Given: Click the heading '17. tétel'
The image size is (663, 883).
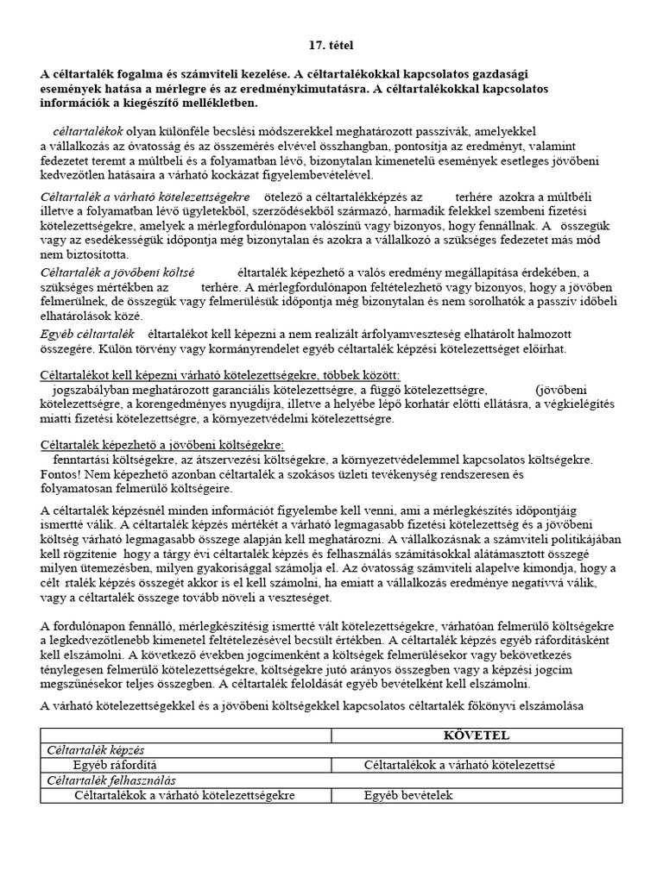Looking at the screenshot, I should [331, 44].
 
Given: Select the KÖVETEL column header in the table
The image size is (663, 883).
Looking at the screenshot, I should [477, 735].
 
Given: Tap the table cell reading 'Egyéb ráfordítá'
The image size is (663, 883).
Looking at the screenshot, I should [115, 765].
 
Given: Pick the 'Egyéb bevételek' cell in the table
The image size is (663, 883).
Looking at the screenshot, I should [408, 795].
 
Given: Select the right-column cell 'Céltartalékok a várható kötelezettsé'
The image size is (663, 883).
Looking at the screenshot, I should [459, 765].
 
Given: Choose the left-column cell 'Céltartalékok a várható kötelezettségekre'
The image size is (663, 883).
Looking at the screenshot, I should [185, 795].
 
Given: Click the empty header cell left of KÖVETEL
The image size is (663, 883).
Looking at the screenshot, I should [186, 735].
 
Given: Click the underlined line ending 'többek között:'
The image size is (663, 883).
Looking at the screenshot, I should [220, 375].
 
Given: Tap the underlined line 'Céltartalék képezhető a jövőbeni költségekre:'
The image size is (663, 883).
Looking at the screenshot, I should [162, 444].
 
